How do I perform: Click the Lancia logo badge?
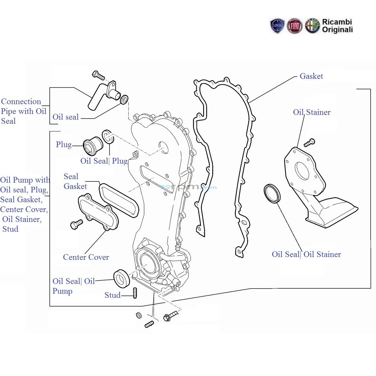(277, 26)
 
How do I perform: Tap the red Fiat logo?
(294, 26)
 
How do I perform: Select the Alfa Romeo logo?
(312, 26)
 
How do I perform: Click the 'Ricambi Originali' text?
(337, 26)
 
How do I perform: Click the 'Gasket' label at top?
(311, 76)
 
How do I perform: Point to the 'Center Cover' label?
(86, 257)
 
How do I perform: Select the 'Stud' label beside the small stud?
(112, 295)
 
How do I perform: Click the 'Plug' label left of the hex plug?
(64, 145)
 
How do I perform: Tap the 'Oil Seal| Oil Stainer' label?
(306, 254)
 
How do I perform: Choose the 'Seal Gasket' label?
(75, 181)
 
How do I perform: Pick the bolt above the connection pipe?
(98, 76)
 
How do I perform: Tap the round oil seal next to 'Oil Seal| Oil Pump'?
(122, 278)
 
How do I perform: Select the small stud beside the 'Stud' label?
(135, 293)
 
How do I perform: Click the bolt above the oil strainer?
(309, 143)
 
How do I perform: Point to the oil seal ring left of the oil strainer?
(272, 193)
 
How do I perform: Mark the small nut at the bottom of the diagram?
(138, 315)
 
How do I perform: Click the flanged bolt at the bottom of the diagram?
(170, 316)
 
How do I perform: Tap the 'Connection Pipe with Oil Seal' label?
(23, 111)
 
